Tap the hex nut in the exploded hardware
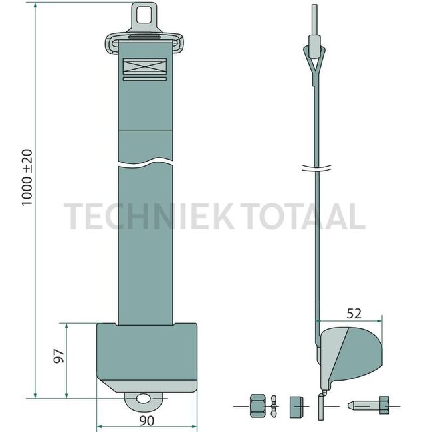(x=257, y=404)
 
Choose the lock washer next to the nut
(x=274, y=404)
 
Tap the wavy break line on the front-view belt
(x=147, y=162)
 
